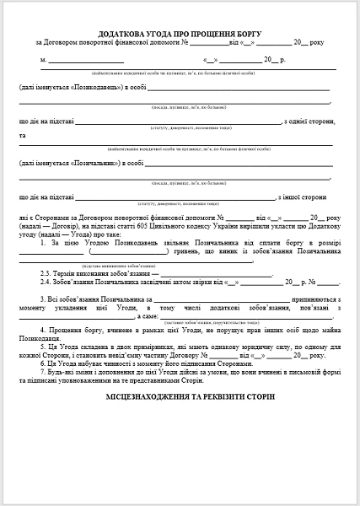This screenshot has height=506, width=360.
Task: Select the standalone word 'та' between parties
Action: coord(23,136)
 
